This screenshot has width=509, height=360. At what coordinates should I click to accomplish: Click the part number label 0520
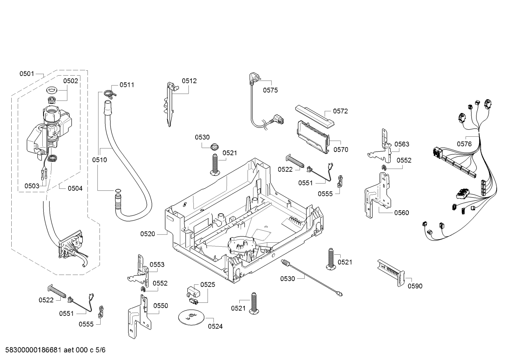pos(148,234)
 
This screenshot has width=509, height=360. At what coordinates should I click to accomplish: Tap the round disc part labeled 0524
pos(191,317)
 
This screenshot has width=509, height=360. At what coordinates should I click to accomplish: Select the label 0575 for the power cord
pos(270,90)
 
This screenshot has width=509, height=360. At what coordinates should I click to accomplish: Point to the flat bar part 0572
pos(315,116)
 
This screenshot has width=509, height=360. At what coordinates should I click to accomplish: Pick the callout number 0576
pos(464,144)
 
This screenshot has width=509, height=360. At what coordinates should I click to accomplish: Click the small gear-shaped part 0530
pos(214,147)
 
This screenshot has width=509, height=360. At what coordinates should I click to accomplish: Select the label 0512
pos(189,81)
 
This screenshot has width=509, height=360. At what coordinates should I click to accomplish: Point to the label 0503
pos(32,186)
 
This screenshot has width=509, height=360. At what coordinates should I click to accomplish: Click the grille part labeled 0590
pos(391,273)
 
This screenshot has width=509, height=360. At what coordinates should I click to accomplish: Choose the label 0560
pos(402,213)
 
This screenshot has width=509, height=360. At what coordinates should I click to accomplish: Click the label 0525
pos(208,284)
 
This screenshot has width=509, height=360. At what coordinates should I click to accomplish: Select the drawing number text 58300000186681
pos(33,350)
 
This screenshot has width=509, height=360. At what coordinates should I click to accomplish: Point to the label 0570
pos(341,149)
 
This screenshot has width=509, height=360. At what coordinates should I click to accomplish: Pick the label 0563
pos(402,144)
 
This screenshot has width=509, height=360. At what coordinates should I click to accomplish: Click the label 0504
pos(75,188)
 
